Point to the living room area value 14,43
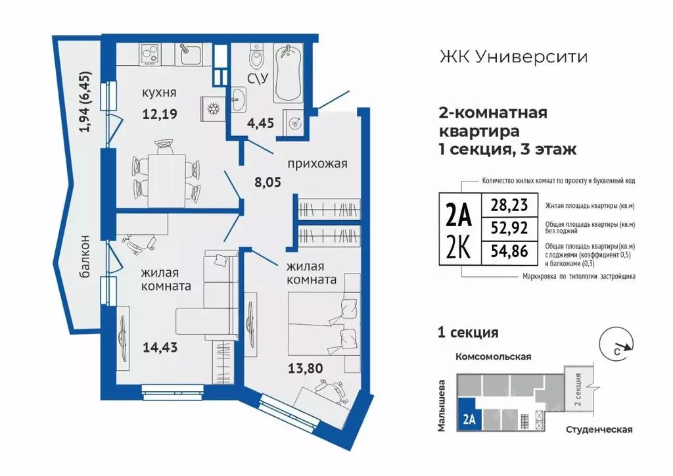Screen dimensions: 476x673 160,347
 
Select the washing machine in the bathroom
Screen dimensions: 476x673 294,121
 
